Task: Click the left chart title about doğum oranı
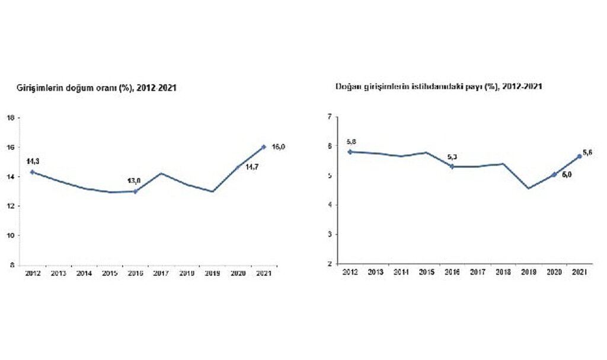click(x=97, y=87)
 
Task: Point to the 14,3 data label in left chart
click(x=34, y=161)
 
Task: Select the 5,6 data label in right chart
click(x=588, y=153)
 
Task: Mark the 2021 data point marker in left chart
click(x=263, y=146)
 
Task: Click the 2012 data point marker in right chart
click(x=350, y=152)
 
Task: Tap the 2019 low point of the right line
click(x=528, y=189)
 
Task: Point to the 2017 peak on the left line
click(x=162, y=173)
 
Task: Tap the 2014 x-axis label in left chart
click(x=84, y=273)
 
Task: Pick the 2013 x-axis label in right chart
click(x=375, y=272)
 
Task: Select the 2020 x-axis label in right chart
click(x=553, y=272)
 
